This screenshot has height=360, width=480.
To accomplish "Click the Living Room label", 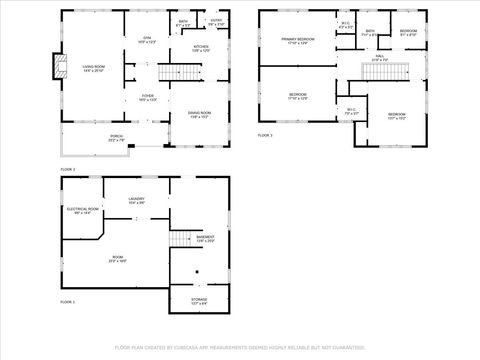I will [93, 68].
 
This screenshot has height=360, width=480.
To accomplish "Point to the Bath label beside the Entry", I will [183, 23].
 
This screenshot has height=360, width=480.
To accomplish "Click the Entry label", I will [215, 21].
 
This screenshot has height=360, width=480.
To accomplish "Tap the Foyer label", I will [147, 98].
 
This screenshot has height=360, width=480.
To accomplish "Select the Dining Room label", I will [200, 113].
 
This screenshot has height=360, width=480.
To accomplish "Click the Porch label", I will [88, 139].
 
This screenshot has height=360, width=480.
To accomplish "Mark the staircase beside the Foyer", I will [177, 73].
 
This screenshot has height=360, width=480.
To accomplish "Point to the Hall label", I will [379, 57].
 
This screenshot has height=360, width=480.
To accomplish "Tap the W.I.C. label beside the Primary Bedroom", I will [345, 26].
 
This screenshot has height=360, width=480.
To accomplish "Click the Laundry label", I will [136, 199].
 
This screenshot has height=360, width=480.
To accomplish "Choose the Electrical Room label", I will [82, 211].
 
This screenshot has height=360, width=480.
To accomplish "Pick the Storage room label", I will [200, 300].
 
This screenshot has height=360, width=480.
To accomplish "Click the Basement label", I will [205, 239].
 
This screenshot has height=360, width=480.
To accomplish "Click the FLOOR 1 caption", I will [67, 301].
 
